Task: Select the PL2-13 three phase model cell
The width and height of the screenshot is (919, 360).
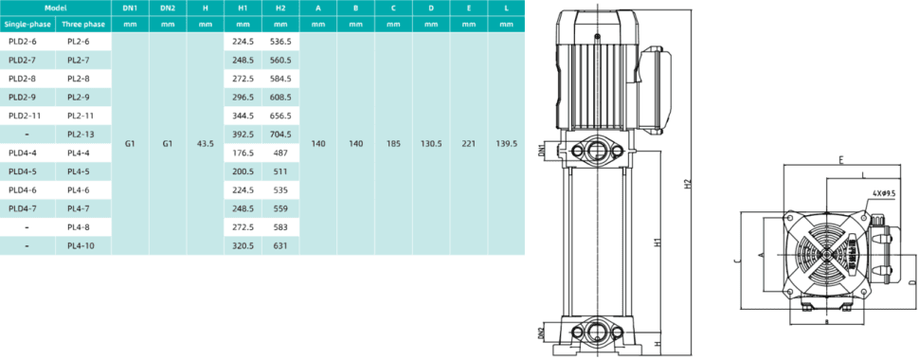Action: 81,135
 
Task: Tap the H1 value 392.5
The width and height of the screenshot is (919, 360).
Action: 243,135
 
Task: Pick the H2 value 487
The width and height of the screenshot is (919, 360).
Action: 280,153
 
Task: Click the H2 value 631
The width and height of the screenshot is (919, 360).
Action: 280,246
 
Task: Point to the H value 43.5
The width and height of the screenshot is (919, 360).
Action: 206,144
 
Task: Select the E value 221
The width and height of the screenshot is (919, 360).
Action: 469,144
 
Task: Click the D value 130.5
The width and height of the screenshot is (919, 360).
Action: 431,144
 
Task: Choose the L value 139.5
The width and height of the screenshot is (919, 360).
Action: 506,144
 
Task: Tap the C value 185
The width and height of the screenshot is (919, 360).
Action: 393,144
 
